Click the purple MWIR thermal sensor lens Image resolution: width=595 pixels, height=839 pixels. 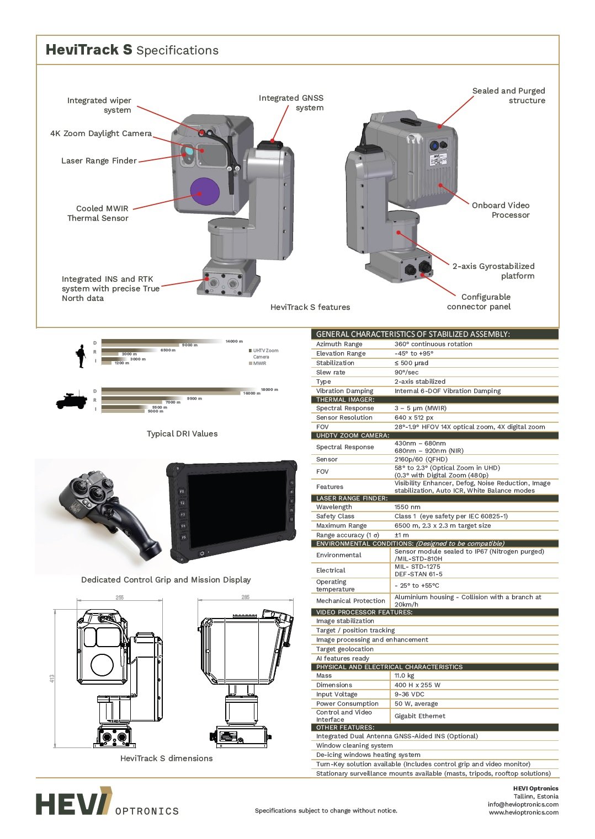coord(205,191)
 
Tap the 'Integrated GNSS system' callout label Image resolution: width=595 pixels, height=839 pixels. coord(291,103)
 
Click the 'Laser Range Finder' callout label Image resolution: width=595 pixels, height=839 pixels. coord(99,161)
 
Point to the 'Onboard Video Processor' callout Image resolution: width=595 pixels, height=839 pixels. coord(501,210)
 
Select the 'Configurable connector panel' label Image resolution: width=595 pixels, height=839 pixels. coord(479,302)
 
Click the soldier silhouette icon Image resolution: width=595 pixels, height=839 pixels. coord(82,356)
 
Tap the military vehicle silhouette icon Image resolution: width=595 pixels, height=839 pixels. coord(72,401)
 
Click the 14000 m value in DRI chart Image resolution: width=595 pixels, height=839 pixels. coord(234,341)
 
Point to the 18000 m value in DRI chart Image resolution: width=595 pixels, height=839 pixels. coord(269,389)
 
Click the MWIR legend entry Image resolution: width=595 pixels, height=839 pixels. coord(259,363)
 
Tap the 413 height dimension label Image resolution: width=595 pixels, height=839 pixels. coord(52,679)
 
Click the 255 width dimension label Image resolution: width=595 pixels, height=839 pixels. coord(120,598)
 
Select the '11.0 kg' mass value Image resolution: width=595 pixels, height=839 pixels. coord(404,675)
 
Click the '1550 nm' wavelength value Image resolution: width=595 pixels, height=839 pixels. coord(407,507)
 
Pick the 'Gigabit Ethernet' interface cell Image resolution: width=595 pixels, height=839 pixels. coord(420,716)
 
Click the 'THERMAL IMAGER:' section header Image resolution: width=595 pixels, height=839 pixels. coord(345,400)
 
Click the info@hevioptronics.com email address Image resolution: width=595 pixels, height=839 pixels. coord(523,804)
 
